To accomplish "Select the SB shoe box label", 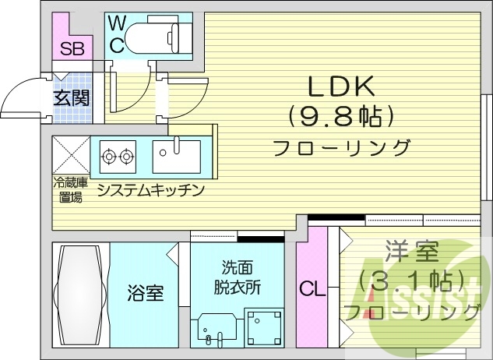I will point(72,48).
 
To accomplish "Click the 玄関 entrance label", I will point(72,97).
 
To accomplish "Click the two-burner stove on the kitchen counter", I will point(118,157).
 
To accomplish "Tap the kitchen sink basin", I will point(176,156).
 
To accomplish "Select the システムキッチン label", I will point(151,189).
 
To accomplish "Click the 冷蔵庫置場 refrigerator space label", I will point(69,190).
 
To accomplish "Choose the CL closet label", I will point(312,290).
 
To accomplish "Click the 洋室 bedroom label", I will point(412,253).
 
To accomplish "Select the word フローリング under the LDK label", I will point(341,146).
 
